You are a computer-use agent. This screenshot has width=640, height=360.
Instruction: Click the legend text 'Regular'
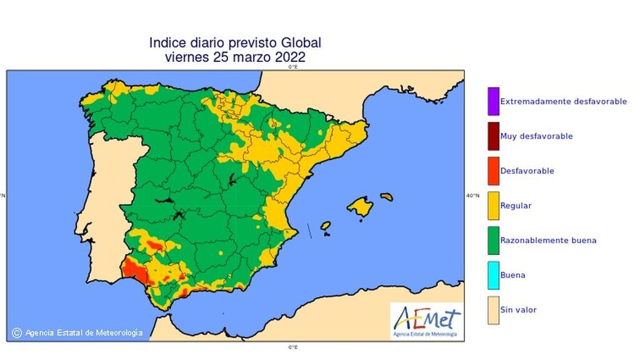click(516, 206)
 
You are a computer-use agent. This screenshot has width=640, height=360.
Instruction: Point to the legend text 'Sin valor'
click(519, 310)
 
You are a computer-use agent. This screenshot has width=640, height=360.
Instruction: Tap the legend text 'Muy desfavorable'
click(536, 136)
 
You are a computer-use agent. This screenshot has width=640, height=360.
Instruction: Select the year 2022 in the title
click(289, 57)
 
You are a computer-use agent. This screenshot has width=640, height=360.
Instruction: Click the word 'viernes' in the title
click(186, 57)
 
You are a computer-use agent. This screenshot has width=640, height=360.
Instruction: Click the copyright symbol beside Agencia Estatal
click(17, 333)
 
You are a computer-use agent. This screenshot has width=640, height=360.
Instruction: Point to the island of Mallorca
click(360, 206)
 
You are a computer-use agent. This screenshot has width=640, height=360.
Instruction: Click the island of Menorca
click(386, 196)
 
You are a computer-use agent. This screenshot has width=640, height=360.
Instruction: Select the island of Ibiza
click(326, 226)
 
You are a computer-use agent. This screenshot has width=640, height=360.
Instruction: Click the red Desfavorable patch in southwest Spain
click(132, 270)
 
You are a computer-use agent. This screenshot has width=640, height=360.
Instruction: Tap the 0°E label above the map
click(292, 66)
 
